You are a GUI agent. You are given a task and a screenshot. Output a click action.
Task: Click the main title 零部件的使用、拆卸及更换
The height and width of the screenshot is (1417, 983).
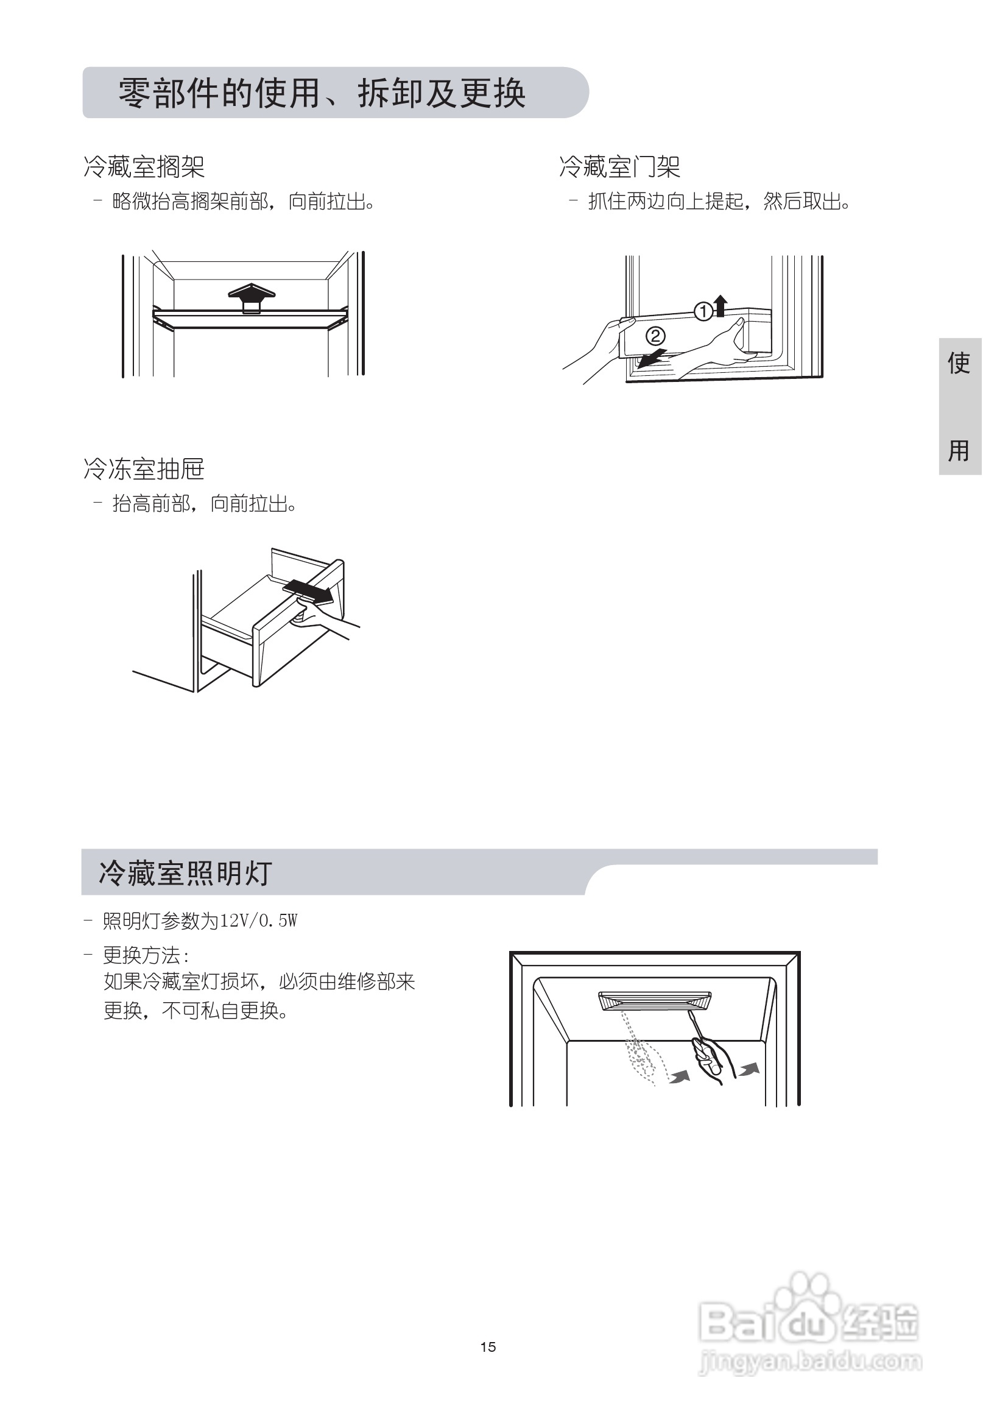(322, 94)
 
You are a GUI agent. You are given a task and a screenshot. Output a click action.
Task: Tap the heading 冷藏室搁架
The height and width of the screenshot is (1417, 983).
(144, 166)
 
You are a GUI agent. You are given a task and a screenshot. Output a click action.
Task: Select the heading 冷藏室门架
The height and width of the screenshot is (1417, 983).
(619, 166)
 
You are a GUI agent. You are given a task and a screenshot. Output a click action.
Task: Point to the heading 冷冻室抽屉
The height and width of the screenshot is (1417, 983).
(144, 469)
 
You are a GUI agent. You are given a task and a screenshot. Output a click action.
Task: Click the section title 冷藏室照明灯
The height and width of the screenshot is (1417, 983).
(185, 873)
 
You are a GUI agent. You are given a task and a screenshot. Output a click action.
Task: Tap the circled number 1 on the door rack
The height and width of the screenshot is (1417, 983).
(703, 311)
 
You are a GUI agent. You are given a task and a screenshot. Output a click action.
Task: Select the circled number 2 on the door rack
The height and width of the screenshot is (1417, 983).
(655, 336)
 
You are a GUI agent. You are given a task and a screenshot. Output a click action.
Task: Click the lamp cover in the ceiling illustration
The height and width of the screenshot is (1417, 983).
(654, 1000)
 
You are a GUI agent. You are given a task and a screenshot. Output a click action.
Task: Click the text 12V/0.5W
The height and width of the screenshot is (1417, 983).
(259, 921)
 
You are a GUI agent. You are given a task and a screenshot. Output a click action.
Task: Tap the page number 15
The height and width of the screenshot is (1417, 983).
(488, 1347)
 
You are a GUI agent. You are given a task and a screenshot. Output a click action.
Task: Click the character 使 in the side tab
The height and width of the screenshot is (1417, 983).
(959, 363)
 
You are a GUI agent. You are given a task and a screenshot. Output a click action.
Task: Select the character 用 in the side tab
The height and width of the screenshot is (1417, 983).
(959, 450)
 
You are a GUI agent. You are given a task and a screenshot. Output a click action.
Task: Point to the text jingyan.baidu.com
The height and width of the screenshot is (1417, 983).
(810, 1362)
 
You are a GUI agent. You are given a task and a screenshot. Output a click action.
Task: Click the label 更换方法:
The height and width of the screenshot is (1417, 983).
(146, 956)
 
